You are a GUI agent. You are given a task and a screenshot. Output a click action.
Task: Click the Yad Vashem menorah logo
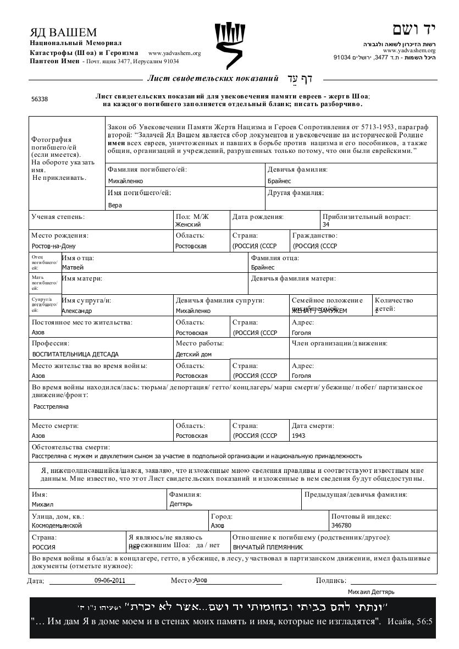click(x=229, y=45)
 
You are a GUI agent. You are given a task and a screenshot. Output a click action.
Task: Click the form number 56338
click(x=40, y=100)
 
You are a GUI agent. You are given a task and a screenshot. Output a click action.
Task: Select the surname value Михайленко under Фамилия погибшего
click(x=125, y=181)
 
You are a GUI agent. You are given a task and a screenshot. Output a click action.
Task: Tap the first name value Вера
click(x=115, y=205)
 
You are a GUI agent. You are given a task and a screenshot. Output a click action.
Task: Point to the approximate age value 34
click(x=326, y=224)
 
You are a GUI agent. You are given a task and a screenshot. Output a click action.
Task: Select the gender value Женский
click(x=188, y=224)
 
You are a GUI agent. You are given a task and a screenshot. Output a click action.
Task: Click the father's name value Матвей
click(x=73, y=267)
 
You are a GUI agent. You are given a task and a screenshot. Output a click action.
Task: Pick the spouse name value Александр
click(x=77, y=311)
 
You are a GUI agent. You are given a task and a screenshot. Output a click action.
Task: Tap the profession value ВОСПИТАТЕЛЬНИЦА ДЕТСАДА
click(x=75, y=354)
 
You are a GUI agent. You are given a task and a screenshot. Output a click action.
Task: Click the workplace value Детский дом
click(x=193, y=354)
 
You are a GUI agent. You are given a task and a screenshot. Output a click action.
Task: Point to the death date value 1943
click(x=298, y=436)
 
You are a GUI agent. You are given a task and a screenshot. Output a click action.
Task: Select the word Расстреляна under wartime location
click(x=51, y=406)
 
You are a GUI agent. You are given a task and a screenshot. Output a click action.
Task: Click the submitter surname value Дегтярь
click(x=181, y=504)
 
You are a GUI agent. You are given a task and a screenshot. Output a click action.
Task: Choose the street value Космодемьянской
click(x=57, y=525)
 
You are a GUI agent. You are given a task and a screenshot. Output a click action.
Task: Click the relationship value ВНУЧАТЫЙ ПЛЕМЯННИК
click(x=268, y=547)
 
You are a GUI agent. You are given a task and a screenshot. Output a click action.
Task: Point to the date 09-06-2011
click(x=110, y=580)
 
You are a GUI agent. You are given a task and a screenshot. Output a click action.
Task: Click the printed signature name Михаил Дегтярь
click(x=371, y=592)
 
